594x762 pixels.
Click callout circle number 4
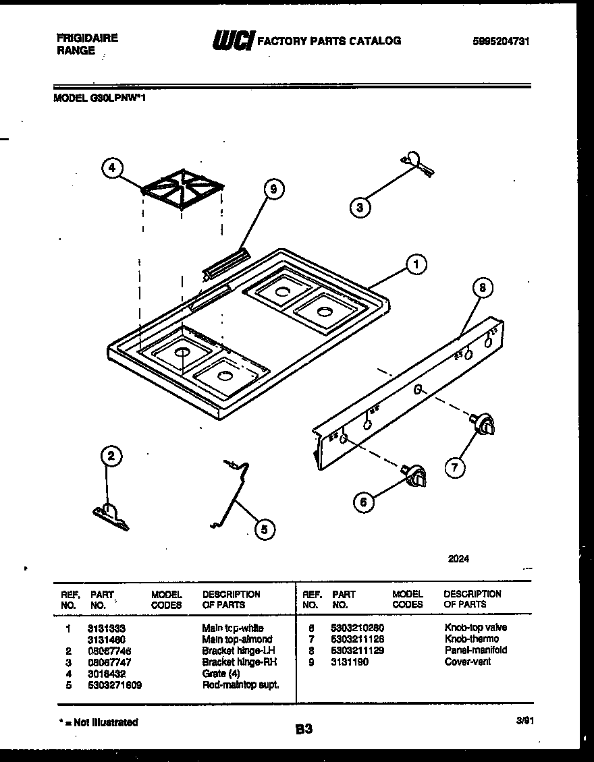pyautogui.click(x=113, y=167)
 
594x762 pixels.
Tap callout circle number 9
pyautogui.click(x=273, y=190)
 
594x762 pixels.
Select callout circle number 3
pyautogui.click(x=360, y=208)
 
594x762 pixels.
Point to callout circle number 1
pyautogui.click(x=416, y=265)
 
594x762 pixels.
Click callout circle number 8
pyautogui.click(x=481, y=289)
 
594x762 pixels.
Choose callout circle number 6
pyautogui.click(x=364, y=501)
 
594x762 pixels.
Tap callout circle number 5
pyautogui.click(x=264, y=531)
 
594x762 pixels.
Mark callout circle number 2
pyautogui.click(x=111, y=457)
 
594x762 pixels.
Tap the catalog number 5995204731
pyautogui.click(x=502, y=41)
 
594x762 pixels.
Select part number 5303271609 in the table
pyautogui.click(x=114, y=684)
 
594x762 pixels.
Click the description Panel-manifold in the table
pyautogui.click(x=475, y=650)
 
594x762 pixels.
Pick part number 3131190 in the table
pyautogui.click(x=350, y=662)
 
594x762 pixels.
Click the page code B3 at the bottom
pyautogui.click(x=304, y=728)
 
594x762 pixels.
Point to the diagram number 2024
pyautogui.click(x=458, y=558)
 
